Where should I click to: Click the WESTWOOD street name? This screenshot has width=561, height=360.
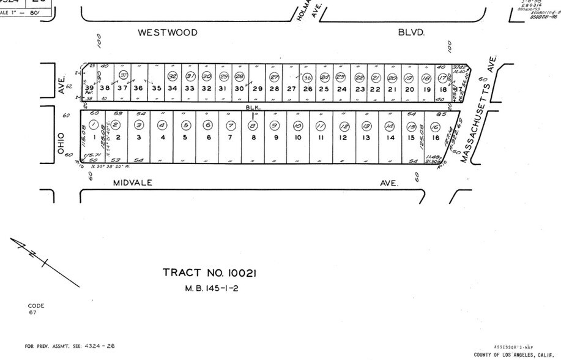point(168,32)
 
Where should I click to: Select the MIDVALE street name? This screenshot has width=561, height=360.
point(132,182)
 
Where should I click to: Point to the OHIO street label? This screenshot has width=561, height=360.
point(61,141)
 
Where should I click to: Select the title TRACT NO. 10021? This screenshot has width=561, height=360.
point(209,273)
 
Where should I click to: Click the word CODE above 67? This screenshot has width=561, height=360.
point(36,306)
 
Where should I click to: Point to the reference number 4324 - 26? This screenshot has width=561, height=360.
point(97,346)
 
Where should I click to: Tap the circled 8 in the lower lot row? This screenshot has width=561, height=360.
point(252,126)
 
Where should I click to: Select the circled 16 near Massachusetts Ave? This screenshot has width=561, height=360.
point(418,126)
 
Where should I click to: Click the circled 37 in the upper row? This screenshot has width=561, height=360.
point(124,75)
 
